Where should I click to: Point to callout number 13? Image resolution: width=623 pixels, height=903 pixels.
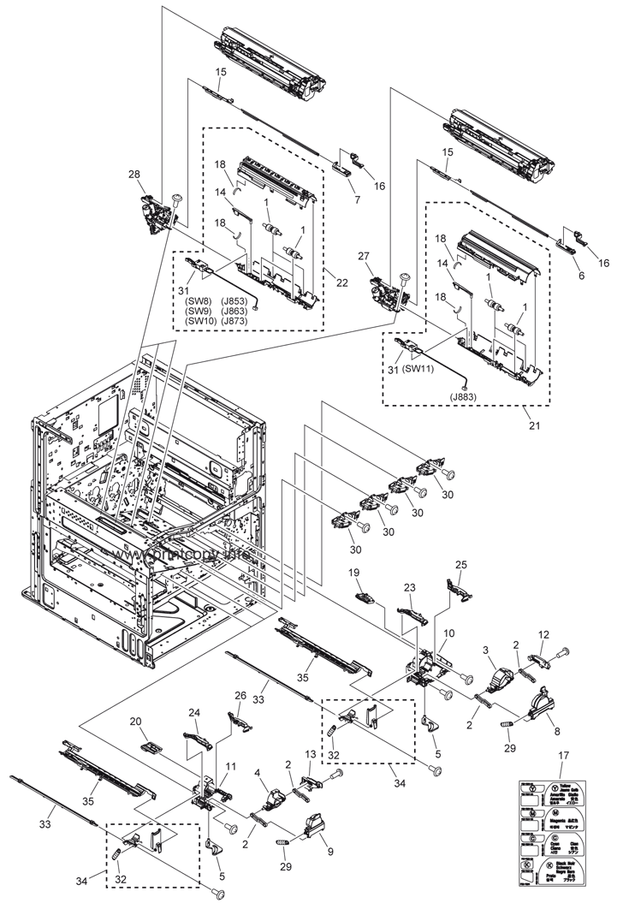pos(311,755)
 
